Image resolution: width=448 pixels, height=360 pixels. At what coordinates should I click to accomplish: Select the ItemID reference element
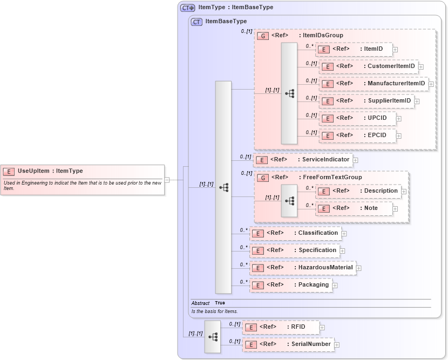354,49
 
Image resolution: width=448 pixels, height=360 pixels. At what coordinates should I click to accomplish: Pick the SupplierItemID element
366,101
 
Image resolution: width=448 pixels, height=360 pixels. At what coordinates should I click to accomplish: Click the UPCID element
357,118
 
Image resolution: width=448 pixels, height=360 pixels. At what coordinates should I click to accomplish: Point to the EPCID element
357,135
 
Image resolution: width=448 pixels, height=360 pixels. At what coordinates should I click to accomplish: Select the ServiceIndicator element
302,160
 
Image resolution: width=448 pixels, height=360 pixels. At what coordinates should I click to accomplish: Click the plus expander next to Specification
342,251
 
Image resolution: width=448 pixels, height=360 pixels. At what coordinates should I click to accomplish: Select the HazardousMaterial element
302,268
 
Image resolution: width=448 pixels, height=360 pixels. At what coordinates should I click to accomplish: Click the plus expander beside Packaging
335,286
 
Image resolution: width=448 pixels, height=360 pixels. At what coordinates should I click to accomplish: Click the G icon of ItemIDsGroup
263,36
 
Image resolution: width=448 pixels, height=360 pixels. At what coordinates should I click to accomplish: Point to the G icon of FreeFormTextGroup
263,178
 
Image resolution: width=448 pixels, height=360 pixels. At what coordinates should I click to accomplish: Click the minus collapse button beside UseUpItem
167,180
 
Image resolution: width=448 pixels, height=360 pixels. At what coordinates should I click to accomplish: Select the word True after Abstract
220,303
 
